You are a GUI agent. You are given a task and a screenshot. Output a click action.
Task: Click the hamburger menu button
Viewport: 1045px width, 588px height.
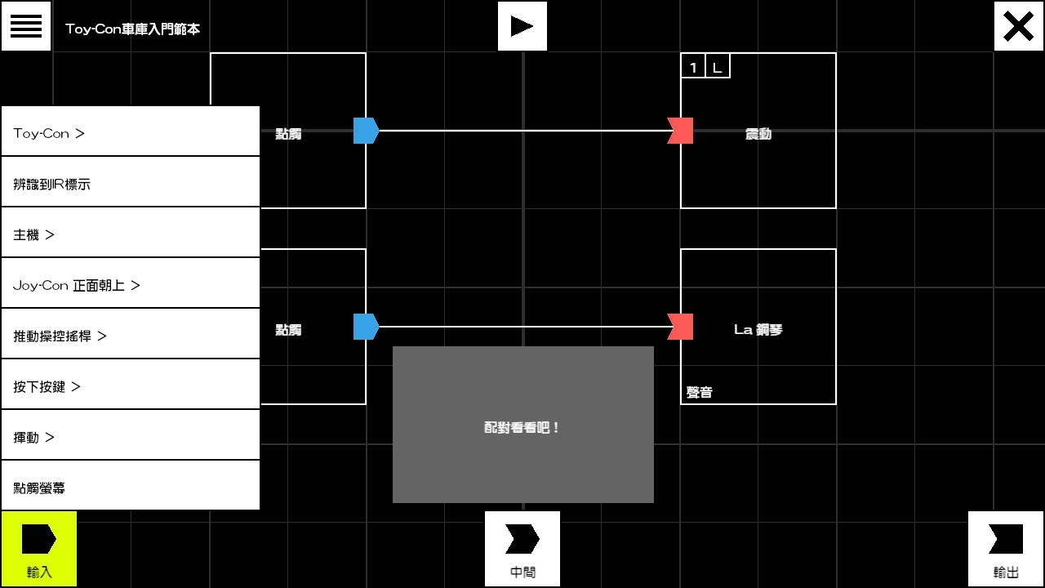point(26,26)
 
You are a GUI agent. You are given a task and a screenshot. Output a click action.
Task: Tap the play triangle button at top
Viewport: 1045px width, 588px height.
point(522,26)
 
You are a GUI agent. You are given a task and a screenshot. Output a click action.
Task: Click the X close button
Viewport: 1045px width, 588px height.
point(1019,26)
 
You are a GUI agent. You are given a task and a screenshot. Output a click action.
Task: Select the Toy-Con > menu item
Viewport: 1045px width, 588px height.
point(131,133)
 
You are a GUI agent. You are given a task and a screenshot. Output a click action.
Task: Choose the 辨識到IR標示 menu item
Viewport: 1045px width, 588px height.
point(131,184)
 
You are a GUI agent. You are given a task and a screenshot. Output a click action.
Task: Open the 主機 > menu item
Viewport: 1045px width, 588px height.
point(131,234)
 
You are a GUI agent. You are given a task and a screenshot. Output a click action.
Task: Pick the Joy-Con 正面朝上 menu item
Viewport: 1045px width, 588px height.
point(131,285)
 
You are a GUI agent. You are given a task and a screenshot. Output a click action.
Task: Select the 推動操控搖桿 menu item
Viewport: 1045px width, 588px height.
point(131,336)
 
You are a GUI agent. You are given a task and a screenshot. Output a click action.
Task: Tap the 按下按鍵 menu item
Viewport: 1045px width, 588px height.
point(131,386)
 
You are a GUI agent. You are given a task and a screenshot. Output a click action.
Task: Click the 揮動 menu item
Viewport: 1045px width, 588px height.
point(131,437)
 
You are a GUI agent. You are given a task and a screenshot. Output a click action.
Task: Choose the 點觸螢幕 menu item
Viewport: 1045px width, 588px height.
point(131,488)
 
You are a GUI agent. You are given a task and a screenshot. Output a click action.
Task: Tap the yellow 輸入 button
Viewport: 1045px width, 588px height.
point(39,549)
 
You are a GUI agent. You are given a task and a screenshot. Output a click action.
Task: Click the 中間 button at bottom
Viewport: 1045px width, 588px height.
point(522,549)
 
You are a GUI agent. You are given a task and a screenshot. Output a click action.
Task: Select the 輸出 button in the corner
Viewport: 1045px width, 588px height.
point(1006,549)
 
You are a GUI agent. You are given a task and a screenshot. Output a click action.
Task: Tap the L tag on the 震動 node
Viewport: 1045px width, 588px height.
point(718,67)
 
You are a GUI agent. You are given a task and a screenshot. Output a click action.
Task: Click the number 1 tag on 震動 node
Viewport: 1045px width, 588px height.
point(693,67)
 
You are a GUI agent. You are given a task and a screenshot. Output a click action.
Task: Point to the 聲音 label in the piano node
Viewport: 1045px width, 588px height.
point(700,393)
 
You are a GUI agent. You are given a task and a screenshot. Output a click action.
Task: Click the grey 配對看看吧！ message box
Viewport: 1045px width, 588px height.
point(522,425)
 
